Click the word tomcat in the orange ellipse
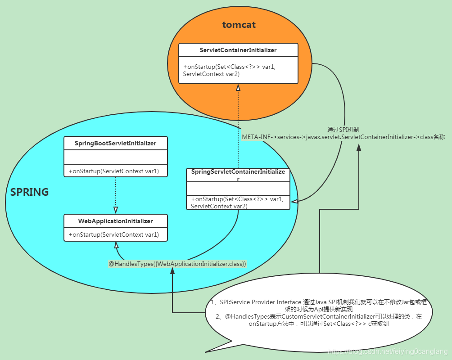pyautogui.click(x=239, y=25)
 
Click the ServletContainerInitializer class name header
pyautogui.click(x=238, y=50)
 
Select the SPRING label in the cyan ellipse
pyautogui.click(x=30, y=192)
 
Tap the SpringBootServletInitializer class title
pyautogui.click(x=116, y=143)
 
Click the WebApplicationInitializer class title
pyautogui.click(x=116, y=221)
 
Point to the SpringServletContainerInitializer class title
pyautogui.click(x=238, y=175)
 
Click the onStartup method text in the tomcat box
pyautogui.click(x=229, y=70)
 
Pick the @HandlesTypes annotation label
pyautogui.click(x=177, y=264)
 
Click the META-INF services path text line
pyautogui.click(x=343, y=137)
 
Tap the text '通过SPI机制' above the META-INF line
pyautogui.click(x=343, y=129)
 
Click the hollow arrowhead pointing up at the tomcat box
pyautogui.click(x=238, y=88)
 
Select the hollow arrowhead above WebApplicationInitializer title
pyautogui.click(x=116, y=210)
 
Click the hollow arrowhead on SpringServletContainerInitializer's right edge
pyautogui.click(x=294, y=202)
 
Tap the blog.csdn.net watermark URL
pyautogui.click(x=388, y=351)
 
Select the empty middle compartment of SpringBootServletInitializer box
pyautogui.click(x=116, y=157)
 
